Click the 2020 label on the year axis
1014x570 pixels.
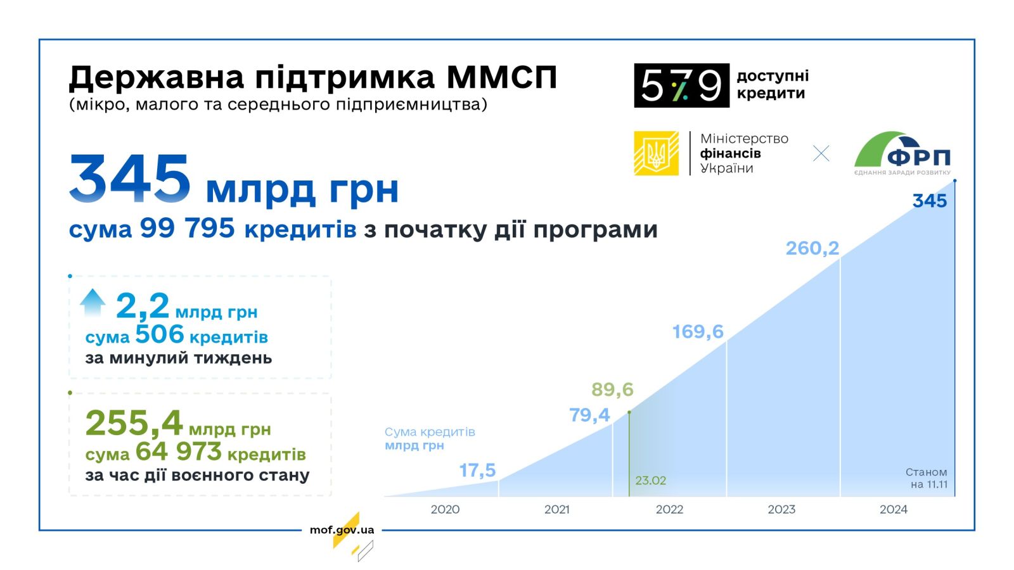(445, 509)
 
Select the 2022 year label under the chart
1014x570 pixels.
(669, 509)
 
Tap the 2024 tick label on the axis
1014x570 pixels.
(893, 509)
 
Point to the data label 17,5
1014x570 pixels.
(478, 471)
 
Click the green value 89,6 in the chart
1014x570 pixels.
(612, 389)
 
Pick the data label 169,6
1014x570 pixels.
(698, 332)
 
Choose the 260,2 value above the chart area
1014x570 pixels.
(812, 248)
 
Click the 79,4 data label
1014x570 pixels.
(589, 415)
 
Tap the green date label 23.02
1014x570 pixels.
(650, 481)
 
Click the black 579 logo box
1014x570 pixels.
(682, 85)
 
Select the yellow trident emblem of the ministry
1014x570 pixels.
(656, 153)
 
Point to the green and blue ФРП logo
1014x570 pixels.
(902, 153)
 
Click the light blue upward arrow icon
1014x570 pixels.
(93, 302)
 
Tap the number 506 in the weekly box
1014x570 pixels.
(160, 335)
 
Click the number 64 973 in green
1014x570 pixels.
(178, 452)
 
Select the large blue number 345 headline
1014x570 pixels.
(129, 178)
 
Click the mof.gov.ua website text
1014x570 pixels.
(342, 529)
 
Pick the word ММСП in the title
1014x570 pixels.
(501, 77)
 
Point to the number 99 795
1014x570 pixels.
(188, 227)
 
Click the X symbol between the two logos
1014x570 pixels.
(821, 153)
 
